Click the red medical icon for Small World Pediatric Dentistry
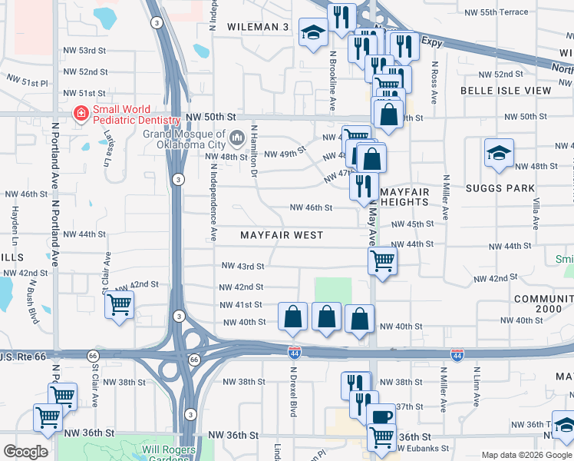pos(79,114)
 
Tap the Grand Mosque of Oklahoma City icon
pos(237,139)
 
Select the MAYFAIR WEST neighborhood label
pos(281,235)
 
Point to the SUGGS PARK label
pos(498,188)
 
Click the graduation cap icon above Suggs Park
pos(499,152)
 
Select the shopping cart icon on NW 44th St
pos(382,260)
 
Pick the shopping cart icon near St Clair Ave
pos(119,304)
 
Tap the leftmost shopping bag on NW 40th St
pos(292,317)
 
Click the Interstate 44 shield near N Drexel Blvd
pos(295,353)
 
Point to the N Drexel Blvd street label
pos(292,396)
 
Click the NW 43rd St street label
pos(242,267)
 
